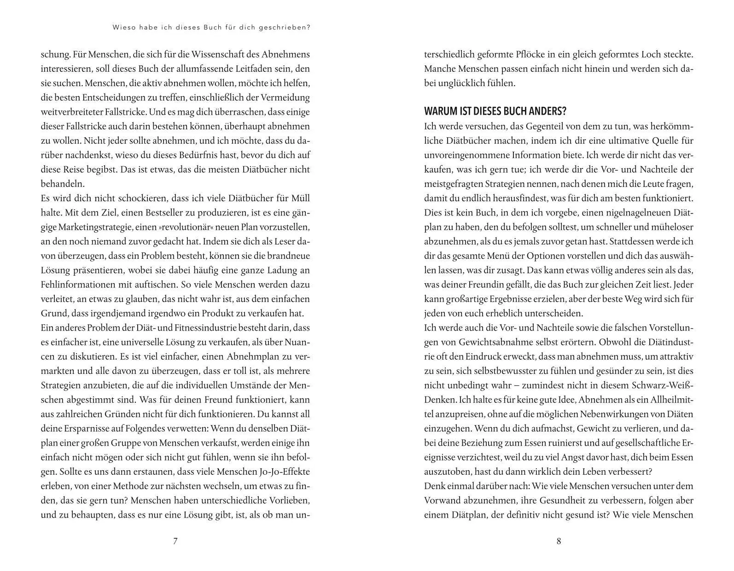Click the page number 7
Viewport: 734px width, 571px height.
coord(175,541)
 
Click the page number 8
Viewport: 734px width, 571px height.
coord(559,541)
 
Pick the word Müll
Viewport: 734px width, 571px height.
coord(301,198)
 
